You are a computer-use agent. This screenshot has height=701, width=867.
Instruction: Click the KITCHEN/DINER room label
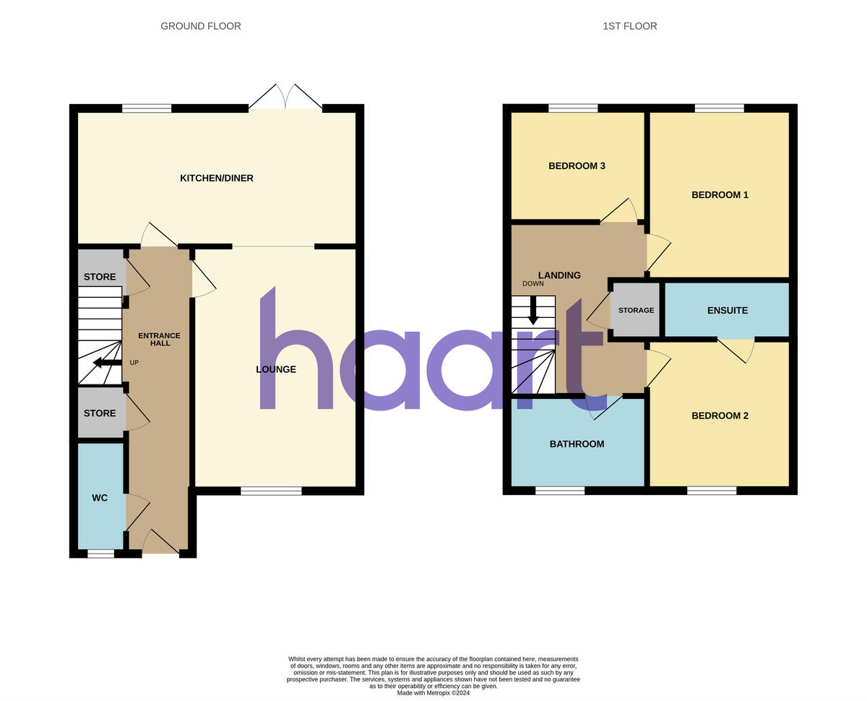(x=217, y=179)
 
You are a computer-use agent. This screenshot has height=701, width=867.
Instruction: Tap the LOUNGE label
(x=276, y=369)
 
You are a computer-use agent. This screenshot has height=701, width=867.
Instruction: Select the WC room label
(x=100, y=498)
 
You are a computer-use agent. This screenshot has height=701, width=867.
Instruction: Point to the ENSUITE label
(x=727, y=311)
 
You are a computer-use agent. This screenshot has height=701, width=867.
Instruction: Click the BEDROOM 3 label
(x=577, y=166)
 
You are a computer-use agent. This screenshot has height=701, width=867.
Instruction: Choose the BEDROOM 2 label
(x=720, y=416)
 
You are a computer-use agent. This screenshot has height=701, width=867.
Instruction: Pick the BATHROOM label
(x=577, y=444)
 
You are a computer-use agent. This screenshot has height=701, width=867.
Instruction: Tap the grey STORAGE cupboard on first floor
(x=636, y=310)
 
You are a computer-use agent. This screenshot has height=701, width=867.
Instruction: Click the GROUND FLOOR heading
(x=201, y=26)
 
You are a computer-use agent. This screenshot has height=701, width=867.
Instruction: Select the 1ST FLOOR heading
(x=630, y=26)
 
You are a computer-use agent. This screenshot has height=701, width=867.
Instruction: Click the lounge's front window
(x=271, y=491)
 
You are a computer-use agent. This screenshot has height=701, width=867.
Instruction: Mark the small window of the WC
(x=100, y=554)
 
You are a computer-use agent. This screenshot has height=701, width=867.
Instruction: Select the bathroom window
(x=560, y=491)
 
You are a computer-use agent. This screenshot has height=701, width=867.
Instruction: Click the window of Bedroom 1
(x=719, y=108)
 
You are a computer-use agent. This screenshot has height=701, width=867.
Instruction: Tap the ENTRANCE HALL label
(x=160, y=340)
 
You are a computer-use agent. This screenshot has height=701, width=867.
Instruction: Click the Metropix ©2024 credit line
(x=433, y=693)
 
